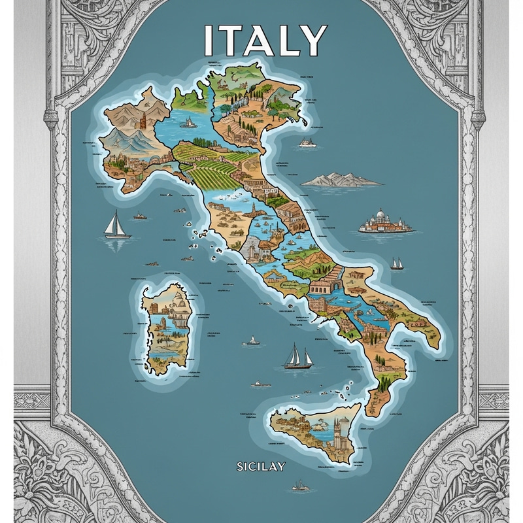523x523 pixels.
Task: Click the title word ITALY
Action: (265, 41)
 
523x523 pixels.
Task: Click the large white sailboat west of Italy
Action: (117, 225)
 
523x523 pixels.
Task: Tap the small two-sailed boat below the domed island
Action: (397, 263)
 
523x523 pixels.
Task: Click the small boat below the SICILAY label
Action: (301, 485)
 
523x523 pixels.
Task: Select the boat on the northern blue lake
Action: (188, 122)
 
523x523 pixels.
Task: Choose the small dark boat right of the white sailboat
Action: (140, 216)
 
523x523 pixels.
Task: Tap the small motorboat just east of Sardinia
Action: (251, 341)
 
